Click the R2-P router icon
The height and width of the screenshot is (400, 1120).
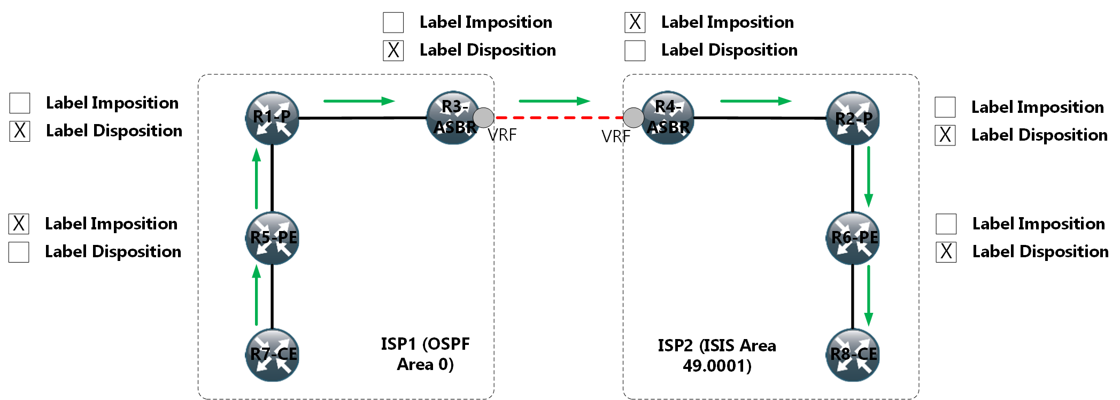point(853,118)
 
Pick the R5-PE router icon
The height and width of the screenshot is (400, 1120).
point(272,238)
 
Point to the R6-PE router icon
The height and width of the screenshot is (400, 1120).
point(853,238)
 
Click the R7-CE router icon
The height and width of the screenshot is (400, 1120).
point(272,355)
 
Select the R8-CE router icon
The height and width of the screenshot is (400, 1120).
point(853,355)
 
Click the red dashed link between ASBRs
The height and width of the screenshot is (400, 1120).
point(559,118)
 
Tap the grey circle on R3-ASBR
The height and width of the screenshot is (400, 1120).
point(484,118)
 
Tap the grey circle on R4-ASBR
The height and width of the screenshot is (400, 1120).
point(634,118)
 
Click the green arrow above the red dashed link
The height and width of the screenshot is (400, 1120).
point(554,101)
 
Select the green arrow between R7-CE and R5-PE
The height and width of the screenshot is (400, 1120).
point(257,295)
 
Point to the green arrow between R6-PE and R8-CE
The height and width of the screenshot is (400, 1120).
point(869,295)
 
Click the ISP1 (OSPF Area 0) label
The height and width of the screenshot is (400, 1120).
point(425,354)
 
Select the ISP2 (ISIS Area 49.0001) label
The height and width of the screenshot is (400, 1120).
point(717,356)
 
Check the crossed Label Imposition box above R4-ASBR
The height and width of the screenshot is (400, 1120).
point(635,22)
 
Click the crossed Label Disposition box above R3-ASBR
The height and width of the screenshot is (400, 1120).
point(393,50)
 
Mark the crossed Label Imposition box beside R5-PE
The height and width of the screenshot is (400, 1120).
point(19,224)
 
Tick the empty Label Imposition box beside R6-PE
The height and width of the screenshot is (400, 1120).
point(946,224)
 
